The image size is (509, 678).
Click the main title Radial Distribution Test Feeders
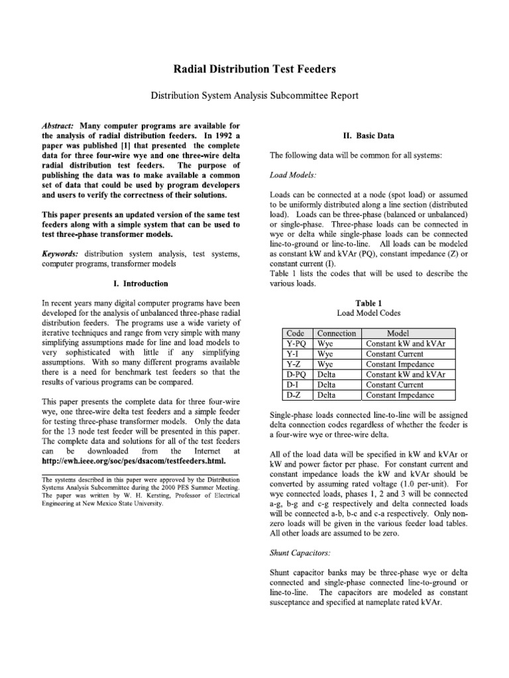point(254,68)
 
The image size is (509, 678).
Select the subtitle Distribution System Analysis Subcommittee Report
point(254,96)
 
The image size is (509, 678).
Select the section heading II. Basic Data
point(368,136)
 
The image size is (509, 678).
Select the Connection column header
point(337,334)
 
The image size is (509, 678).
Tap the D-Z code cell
point(294,395)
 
